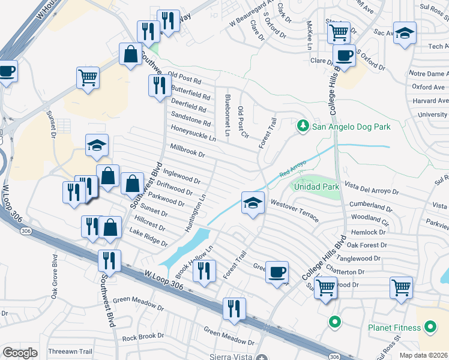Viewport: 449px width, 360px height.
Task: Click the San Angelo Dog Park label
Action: [352, 127]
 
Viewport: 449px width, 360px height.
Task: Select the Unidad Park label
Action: [316, 187]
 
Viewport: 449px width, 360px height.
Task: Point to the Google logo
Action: [20, 353]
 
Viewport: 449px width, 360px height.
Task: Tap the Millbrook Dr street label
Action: [188, 150]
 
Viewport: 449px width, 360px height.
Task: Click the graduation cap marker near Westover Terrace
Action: [253, 203]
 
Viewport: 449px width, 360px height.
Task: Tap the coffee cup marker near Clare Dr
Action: [344, 56]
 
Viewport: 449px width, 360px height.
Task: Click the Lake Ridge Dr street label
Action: [148, 238]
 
